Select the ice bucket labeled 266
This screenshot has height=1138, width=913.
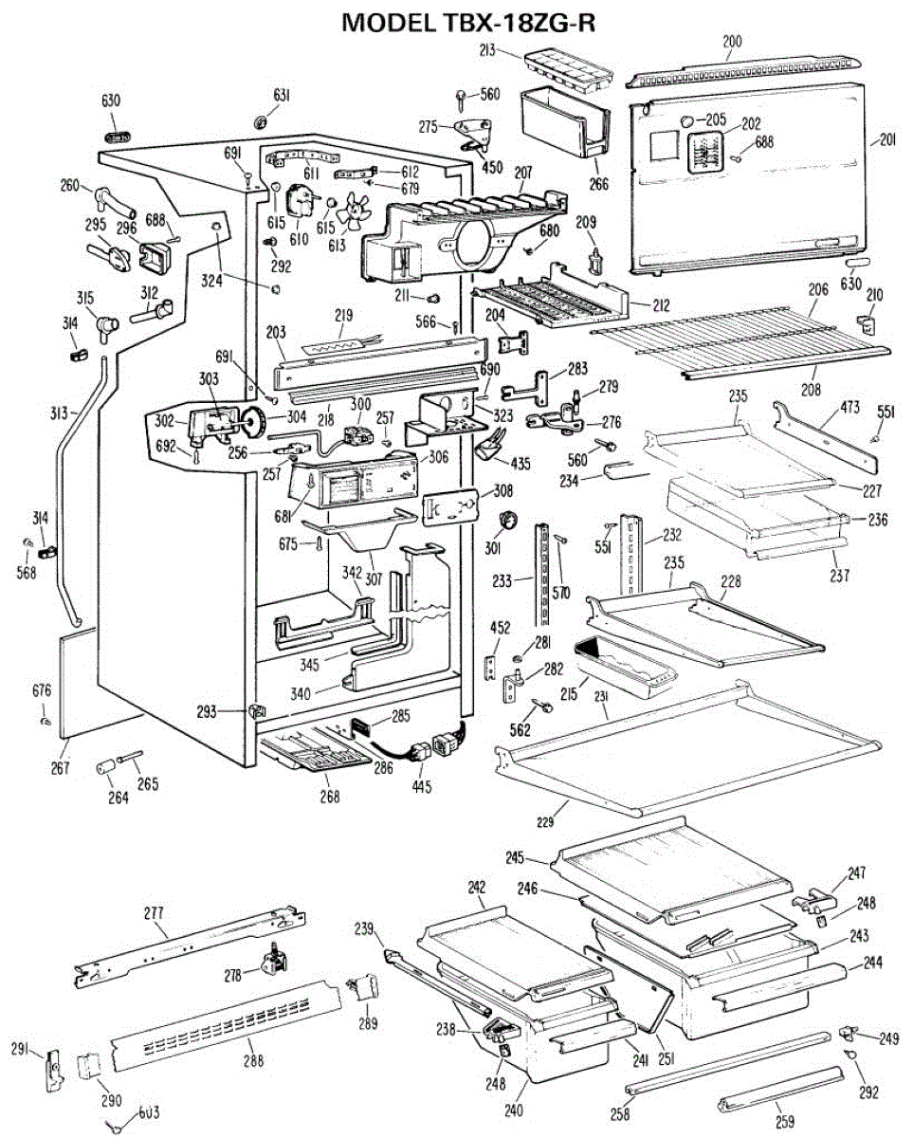[x=564, y=123]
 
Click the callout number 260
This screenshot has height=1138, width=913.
[x=69, y=186]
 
